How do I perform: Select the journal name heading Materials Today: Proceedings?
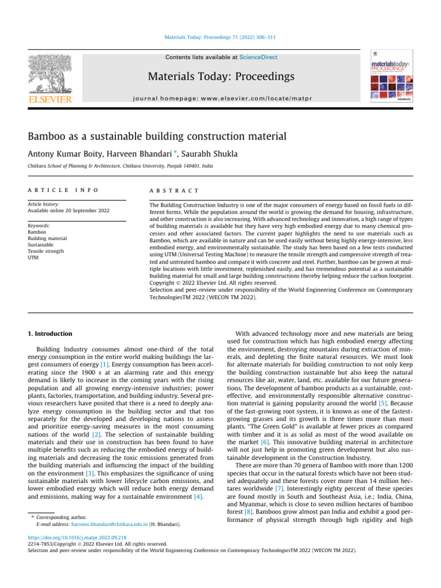(x=221, y=76)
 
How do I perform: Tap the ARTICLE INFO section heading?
(x=63, y=190)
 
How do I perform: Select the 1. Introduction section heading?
(x=50, y=334)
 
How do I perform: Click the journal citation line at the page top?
(x=220, y=37)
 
